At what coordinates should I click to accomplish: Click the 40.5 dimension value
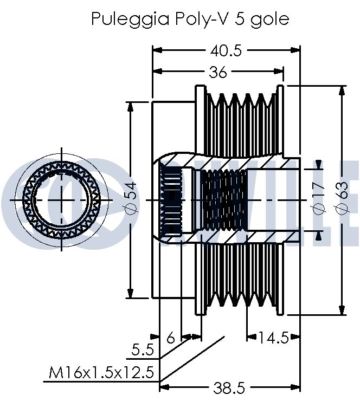[x=226, y=50]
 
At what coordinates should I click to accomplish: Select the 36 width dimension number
[x=218, y=73]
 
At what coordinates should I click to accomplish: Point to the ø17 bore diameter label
[x=318, y=198]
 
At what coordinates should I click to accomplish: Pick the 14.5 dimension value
[x=274, y=338]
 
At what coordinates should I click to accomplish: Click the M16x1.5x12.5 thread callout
[x=101, y=372]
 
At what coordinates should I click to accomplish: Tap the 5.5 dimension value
[x=143, y=349]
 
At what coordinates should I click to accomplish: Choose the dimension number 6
[x=171, y=338]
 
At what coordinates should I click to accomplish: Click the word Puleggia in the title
[x=131, y=20]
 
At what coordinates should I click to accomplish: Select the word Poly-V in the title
[x=202, y=19]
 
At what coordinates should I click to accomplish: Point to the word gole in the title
[x=269, y=20]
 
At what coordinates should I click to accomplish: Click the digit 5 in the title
[x=239, y=19]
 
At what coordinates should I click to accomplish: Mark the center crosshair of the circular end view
[x=62, y=200]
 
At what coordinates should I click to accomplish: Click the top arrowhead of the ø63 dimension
[x=342, y=90]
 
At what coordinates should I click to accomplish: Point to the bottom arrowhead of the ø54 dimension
[x=131, y=293]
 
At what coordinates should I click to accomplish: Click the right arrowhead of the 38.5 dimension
[x=295, y=388]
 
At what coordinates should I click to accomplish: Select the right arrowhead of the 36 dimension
[x=279, y=71]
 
